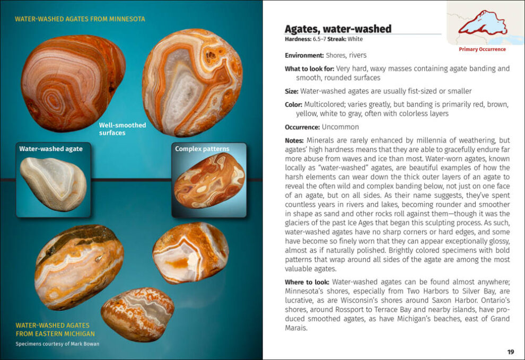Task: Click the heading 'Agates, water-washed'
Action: (338, 29)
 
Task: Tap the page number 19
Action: (510, 352)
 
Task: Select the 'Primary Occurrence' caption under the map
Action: (482, 49)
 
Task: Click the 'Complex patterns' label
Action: (202, 149)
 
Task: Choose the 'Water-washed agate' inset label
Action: (51, 149)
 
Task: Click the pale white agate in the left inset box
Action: (53, 183)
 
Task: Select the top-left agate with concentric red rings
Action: (73, 82)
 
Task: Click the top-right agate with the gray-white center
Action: (192, 82)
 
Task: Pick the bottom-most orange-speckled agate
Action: (137, 314)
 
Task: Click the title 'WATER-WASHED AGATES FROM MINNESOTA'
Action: (80, 19)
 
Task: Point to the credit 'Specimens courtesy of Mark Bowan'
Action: (57, 344)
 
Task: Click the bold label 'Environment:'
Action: (304, 55)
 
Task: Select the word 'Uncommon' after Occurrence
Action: (340, 127)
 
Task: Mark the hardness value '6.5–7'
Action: (320, 39)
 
